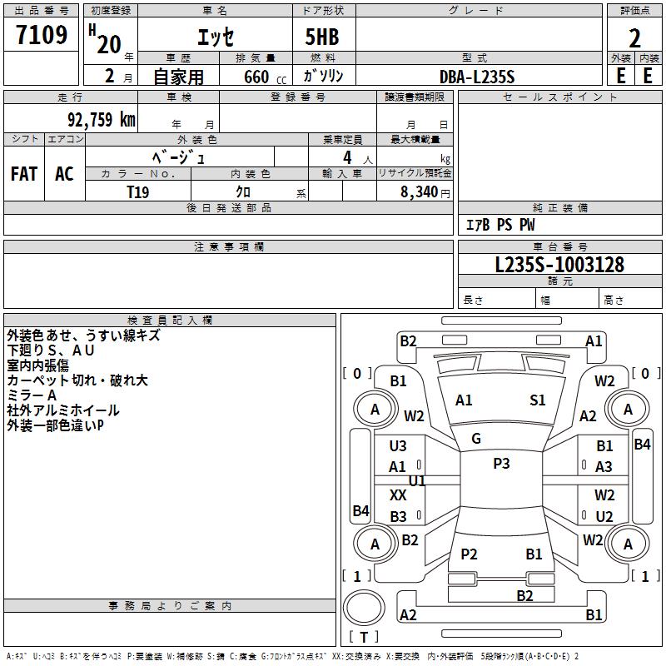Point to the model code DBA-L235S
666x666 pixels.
[x=477, y=77]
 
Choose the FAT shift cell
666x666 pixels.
[x=24, y=174]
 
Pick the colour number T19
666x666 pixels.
[x=138, y=191]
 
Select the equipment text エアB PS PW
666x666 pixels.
[x=499, y=225]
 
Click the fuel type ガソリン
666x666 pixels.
[x=324, y=77]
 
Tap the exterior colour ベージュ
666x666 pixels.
[x=179, y=157]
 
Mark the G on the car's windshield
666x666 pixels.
[x=476, y=438]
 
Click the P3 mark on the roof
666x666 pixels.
[x=501, y=464]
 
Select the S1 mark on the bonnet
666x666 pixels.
[x=538, y=400]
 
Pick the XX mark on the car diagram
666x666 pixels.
[x=398, y=495]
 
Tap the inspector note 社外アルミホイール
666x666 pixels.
[x=63, y=410]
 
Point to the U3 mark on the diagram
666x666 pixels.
[x=398, y=446]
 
